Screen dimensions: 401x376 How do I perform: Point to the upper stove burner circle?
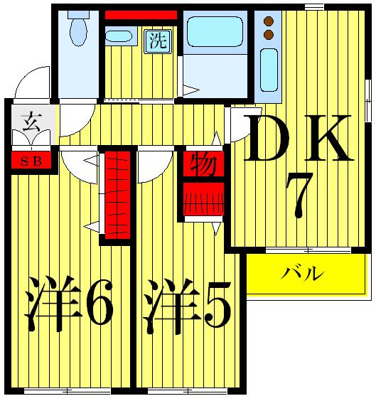[269, 21]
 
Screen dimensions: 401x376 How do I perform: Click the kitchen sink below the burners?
[269, 69]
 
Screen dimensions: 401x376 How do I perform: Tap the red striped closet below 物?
[204, 199]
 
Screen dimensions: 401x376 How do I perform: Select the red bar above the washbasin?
[141, 15]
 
